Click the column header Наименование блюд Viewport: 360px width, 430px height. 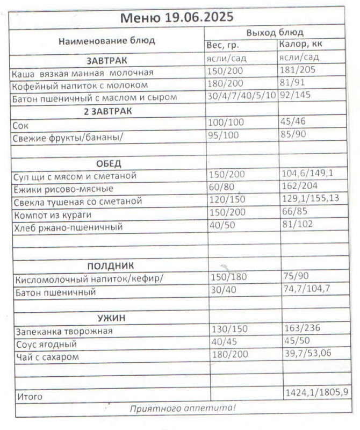click(x=106, y=40)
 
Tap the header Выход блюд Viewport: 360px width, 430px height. click(x=275, y=33)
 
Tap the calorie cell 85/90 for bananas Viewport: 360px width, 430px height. click(x=293, y=134)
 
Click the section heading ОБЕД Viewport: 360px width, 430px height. click(x=109, y=163)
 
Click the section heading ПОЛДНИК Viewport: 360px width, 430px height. click(x=111, y=266)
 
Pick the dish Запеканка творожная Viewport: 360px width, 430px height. click(x=64, y=331)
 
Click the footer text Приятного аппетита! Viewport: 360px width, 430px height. click(x=182, y=408)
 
